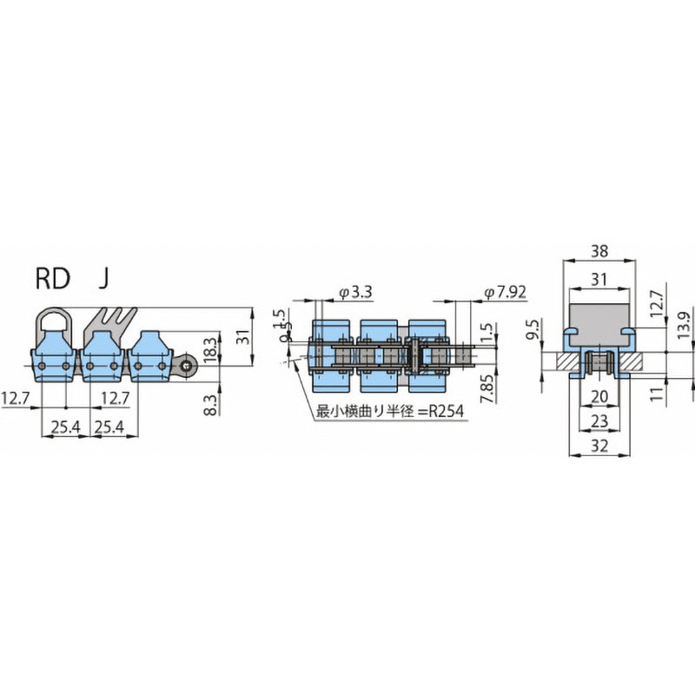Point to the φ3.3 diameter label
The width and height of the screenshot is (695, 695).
[355, 293]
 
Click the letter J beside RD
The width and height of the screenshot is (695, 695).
[103, 278]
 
